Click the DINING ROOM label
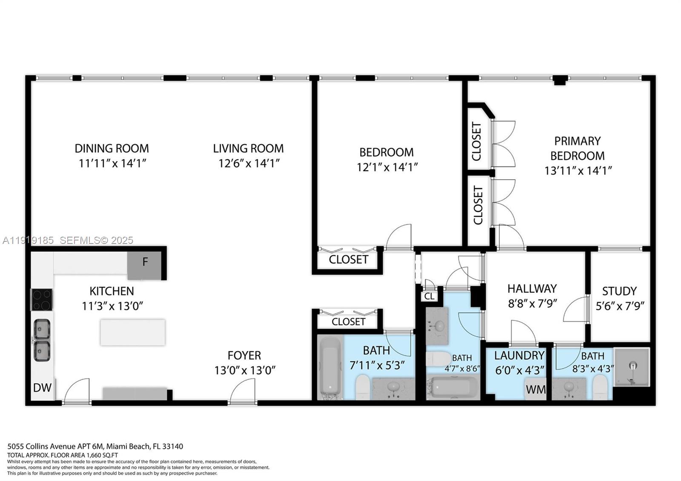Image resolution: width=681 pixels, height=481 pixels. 112,148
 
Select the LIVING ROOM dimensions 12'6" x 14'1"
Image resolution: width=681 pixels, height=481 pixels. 249,163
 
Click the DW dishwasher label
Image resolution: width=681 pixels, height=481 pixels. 42,387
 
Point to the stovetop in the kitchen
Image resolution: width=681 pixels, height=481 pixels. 42,299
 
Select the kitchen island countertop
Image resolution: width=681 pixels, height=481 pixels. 132,332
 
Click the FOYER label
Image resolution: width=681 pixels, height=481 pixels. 244,355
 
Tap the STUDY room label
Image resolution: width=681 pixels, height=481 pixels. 619,291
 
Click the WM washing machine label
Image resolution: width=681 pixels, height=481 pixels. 535,389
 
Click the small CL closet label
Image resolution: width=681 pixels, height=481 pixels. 429,296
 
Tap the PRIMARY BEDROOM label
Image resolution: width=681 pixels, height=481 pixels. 577,148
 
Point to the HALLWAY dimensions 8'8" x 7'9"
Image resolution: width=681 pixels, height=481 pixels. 532,303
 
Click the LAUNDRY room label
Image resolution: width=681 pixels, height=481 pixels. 519,355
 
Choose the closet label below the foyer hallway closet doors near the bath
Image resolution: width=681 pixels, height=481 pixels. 348,321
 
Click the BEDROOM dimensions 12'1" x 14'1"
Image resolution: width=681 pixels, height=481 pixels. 387,167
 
